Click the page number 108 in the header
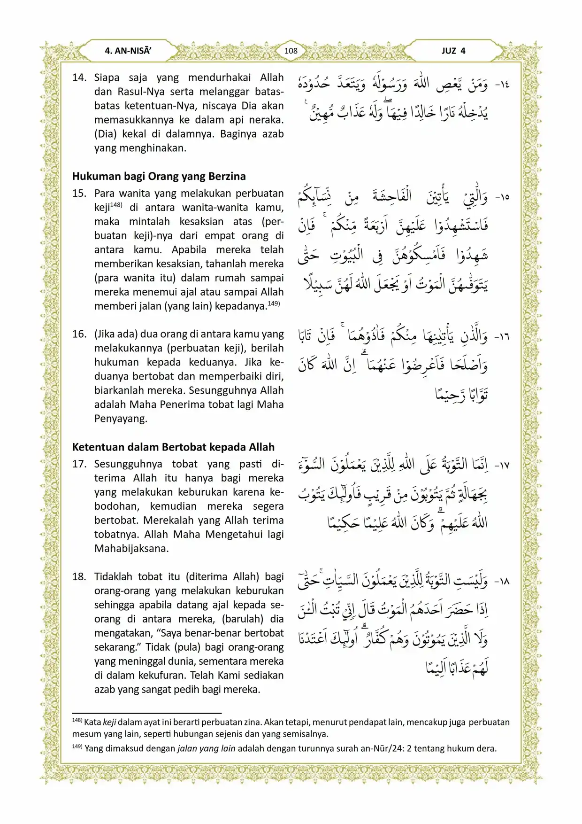point(291,51)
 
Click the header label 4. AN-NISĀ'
point(128,51)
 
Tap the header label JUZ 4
point(453,51)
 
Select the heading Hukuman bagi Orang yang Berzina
point(159,176)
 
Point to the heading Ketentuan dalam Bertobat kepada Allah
point(173,447)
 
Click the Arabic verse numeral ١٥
point(502,197)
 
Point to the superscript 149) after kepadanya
point(274,303)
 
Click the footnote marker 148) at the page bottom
point(77,720)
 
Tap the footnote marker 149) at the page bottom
point(77,746)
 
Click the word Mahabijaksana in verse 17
point(131,548)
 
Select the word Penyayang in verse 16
point(121,419)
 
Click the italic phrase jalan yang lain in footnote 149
point(206,748)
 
